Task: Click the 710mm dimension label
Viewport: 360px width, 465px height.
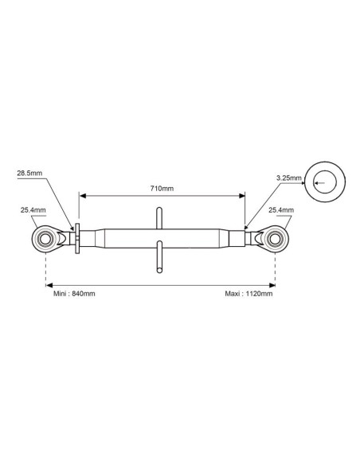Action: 162,189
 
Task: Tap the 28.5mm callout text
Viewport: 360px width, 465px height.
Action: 29,173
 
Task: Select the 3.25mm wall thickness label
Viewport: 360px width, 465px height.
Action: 288,178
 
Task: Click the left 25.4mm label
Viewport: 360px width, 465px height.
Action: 33,210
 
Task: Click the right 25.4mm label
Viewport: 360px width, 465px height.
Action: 281,210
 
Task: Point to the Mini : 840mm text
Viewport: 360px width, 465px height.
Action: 74,294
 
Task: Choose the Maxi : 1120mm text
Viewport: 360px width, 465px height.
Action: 248,294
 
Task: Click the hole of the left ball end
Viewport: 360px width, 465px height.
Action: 45,239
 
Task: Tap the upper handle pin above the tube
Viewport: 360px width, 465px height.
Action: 159,218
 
